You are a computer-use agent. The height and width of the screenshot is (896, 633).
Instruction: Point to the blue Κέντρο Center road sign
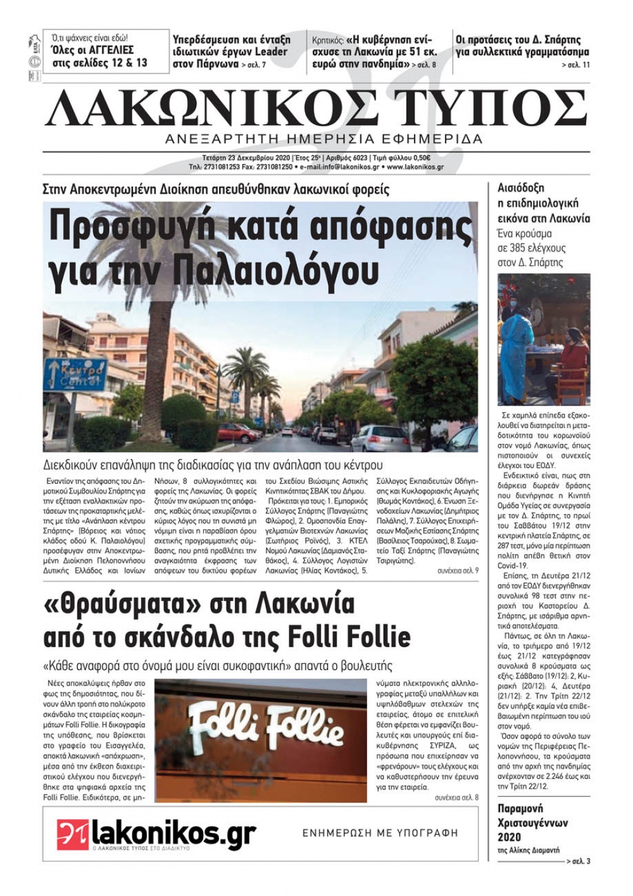click(75, 374)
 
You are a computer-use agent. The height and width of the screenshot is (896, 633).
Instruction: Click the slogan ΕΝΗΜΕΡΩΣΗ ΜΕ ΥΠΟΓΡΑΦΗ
click(380, 833)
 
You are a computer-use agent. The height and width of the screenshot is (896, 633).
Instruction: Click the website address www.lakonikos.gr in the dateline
click(415, 167)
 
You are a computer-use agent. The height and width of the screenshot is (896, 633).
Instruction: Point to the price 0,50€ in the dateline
click(419, 158)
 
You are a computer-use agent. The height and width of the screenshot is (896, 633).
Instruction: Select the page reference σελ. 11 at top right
click(579, 65)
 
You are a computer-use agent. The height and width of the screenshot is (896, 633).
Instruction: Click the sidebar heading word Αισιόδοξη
click(521, 188)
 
